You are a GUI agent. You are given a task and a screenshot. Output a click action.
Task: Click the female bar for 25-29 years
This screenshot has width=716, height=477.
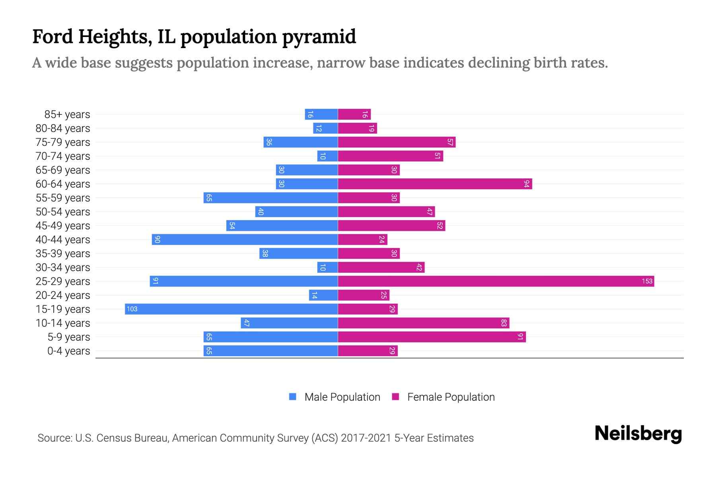(496, 281)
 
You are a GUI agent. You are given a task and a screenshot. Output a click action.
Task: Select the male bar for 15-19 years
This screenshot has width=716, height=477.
(231, 309)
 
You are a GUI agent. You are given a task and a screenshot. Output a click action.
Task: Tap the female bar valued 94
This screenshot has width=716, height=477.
(435, 184)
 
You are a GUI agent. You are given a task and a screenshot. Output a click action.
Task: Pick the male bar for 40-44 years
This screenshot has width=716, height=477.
(245, 240)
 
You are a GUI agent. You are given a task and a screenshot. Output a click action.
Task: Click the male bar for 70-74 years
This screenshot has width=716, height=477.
(327, 156)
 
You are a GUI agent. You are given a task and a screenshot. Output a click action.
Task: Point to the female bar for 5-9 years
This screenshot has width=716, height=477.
(432, 337)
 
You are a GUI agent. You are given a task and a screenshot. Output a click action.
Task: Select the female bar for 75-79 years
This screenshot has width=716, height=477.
(397, 142)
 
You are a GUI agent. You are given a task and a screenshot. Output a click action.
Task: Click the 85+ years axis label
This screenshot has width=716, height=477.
(67, 114)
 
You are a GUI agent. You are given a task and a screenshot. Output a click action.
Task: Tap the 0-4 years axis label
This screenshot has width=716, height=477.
(68, 351)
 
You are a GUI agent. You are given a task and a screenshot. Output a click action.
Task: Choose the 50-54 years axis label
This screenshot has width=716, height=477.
(63, 212)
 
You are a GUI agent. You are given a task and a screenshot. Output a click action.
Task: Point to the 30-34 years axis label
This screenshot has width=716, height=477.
(63, 268)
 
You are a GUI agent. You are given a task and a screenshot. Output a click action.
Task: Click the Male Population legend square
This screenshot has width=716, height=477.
(293, 397)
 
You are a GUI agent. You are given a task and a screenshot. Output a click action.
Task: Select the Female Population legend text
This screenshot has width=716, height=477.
(451, 397)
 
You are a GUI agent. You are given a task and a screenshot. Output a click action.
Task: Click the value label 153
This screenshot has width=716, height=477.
(647, 281)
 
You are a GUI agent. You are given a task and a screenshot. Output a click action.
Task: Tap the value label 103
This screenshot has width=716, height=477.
(132, 309)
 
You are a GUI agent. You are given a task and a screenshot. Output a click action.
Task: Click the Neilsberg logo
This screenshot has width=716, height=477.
(638, 434)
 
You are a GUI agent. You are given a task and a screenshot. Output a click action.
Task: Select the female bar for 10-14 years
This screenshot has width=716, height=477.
(423, 323)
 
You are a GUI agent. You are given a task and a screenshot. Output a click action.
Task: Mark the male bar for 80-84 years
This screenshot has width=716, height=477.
(325, 128)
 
